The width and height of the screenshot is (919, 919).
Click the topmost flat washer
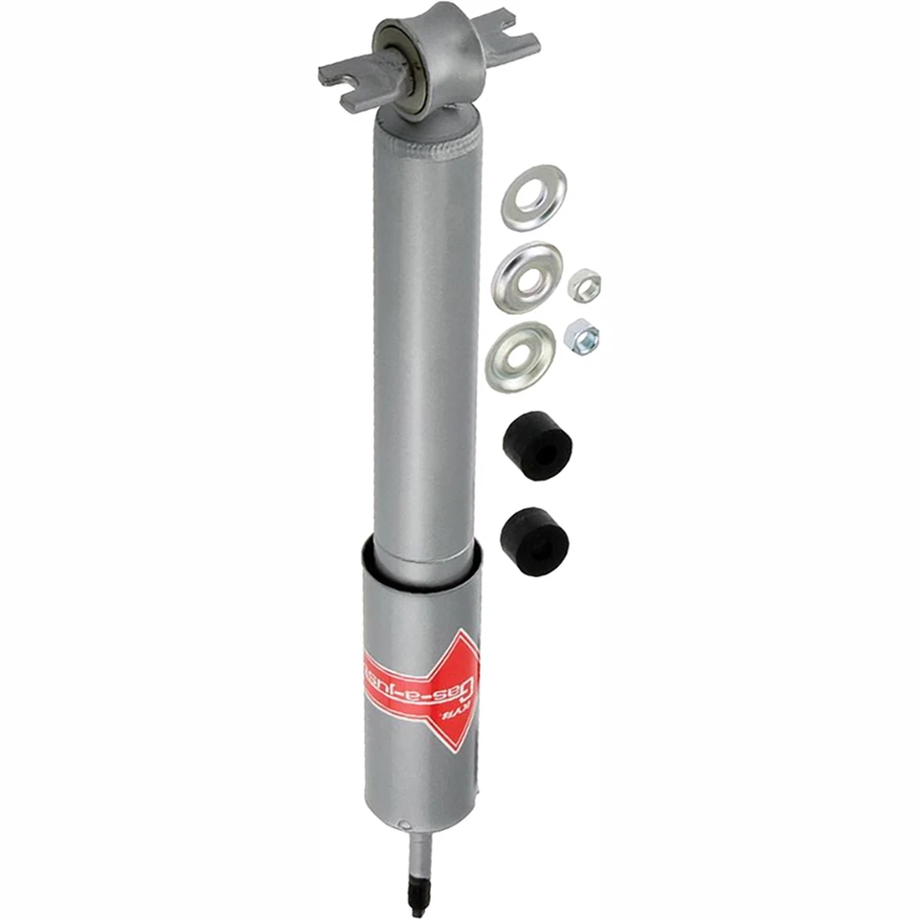[533, 197]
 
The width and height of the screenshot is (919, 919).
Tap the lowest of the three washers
[520, 356]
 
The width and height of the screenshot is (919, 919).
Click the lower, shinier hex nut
[581, 335]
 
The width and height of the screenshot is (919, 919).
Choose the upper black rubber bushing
[536, 445]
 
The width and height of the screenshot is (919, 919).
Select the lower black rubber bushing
[534, 540]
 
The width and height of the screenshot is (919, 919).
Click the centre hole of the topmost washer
[534, 195]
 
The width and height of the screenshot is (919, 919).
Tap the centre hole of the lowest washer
[520, 355]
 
